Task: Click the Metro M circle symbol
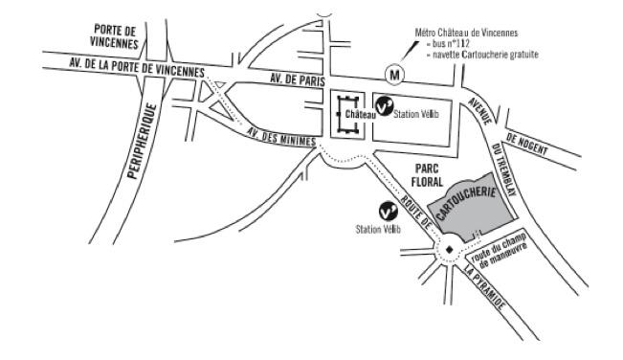[x=394, y=75]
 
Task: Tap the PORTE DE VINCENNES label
[x=115, y=35]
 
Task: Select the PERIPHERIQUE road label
[x=141, y=141]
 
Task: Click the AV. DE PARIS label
[x=298, y=79]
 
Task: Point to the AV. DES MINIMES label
[x=281, y=137]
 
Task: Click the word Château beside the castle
[x=361, y=115]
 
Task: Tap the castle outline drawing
[x=348, y=114]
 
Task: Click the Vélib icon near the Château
[x=384, y=106]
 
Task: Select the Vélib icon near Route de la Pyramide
[x=389, y=211]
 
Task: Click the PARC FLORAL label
[x=427, y=175]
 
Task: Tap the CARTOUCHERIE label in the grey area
[x=466, y=204]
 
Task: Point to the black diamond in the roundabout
[x=450, y=250]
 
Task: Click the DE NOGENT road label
[x=527, y=145]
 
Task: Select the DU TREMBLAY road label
[x=503, y=169]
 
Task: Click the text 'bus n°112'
[x=450, y=43]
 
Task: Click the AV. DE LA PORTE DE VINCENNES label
[x=137, y=67]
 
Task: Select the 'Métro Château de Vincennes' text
[x=466, y=33]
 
